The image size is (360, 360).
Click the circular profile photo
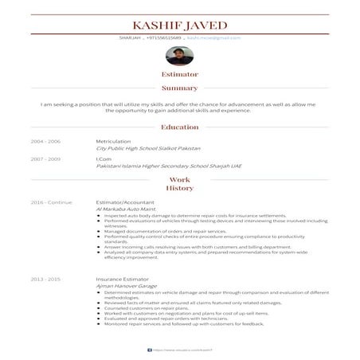[179, 57]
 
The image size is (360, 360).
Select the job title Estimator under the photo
[180, 74]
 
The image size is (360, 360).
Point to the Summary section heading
[180, 88]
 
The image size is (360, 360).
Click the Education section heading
[180, 127]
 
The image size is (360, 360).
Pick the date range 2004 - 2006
[45, 141]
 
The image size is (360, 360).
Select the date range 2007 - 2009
[45, 158]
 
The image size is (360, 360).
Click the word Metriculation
[113, 141]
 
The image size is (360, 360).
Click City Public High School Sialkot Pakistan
[148, 148]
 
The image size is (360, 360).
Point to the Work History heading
[180, 184]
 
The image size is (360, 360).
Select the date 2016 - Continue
[51, 202]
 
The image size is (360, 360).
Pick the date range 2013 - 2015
[45, 280]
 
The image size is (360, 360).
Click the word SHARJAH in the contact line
[130, 37]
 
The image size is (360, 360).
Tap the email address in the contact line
[214, 37]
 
